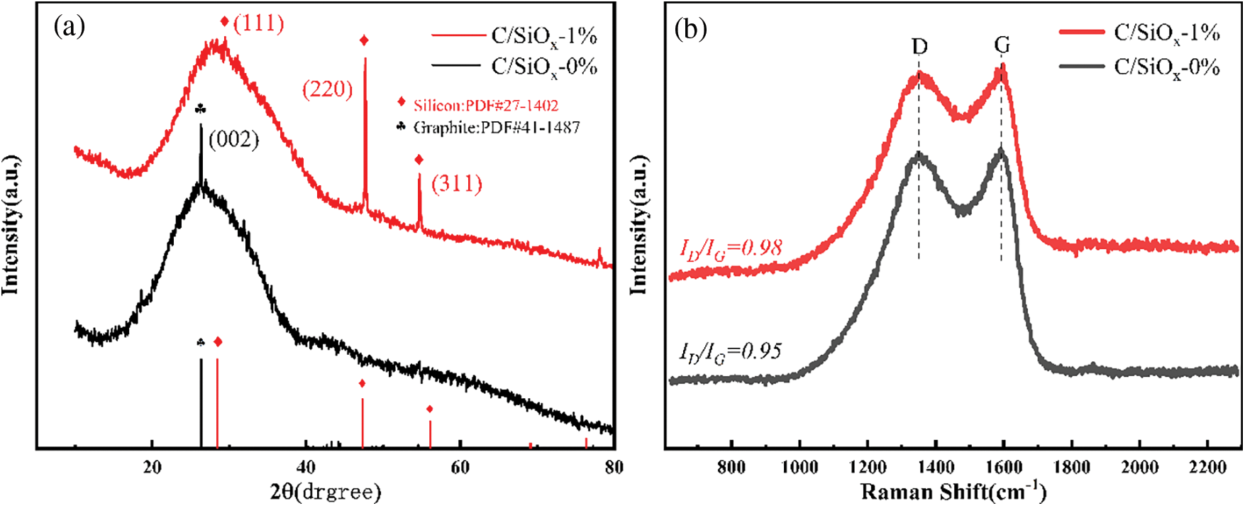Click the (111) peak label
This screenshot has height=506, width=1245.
point(258,23)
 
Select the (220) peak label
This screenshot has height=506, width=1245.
point(327,89)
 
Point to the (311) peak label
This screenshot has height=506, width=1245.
point(457,184)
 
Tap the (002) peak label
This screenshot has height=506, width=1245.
point(233,139)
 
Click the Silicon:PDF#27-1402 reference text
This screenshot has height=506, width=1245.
point(486,106)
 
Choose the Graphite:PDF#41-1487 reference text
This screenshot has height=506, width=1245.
point(497,128)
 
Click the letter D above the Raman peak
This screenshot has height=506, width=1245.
point(919,47)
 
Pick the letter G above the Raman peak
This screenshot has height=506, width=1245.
point(1002,46)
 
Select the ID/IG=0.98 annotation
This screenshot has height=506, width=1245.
point(731,248)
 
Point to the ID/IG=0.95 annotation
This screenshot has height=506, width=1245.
point(731,352)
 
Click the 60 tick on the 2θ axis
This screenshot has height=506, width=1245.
point(460,467)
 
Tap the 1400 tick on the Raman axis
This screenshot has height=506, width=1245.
point(936,467)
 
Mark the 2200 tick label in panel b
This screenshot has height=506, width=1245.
point(1207,467)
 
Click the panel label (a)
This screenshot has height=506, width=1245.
point(70,27)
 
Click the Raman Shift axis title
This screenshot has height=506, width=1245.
point(953,491)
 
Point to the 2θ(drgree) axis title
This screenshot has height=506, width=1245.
point(326,491)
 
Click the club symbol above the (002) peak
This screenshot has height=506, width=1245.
point(201,109)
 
